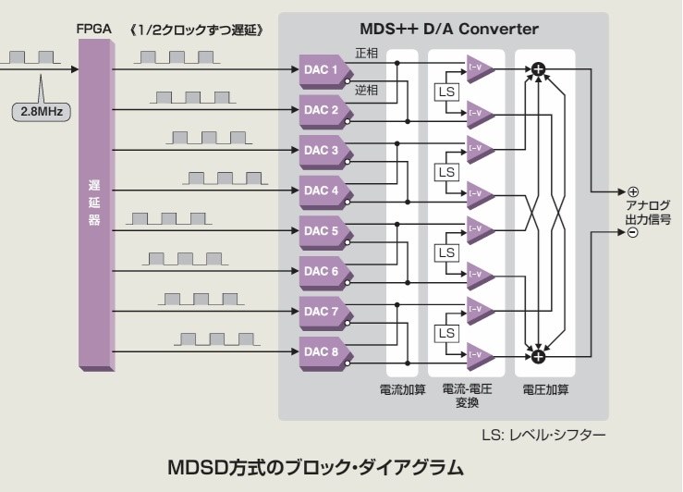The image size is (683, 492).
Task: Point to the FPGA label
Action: coord(93,29)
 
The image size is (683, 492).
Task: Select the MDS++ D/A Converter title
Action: coord(443,30)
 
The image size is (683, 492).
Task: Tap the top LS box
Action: coord(446,92)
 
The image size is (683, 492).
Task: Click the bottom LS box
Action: coord(446,333)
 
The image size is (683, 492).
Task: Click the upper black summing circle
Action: coord(538,69)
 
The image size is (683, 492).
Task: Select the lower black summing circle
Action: coord(538,353)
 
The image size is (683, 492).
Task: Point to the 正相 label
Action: coord(367,54)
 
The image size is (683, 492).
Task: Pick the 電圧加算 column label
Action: coord(544,389)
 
